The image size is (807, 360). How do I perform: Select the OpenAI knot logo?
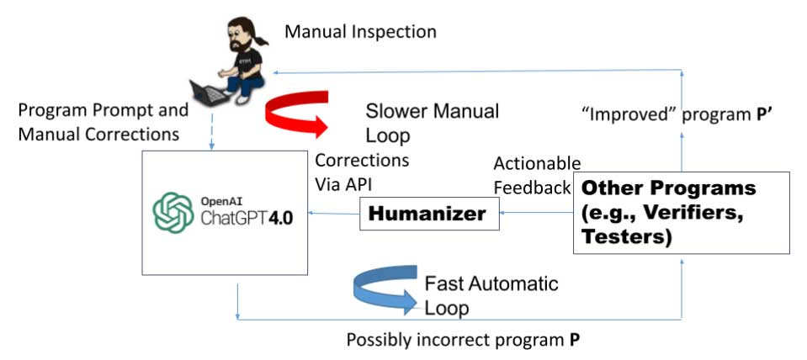tap(173, 213)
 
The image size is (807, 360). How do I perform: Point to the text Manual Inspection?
tap(360, 33)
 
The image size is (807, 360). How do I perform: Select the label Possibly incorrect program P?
tap(463, 341)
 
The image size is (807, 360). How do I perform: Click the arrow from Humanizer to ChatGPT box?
tap(333, 215)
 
